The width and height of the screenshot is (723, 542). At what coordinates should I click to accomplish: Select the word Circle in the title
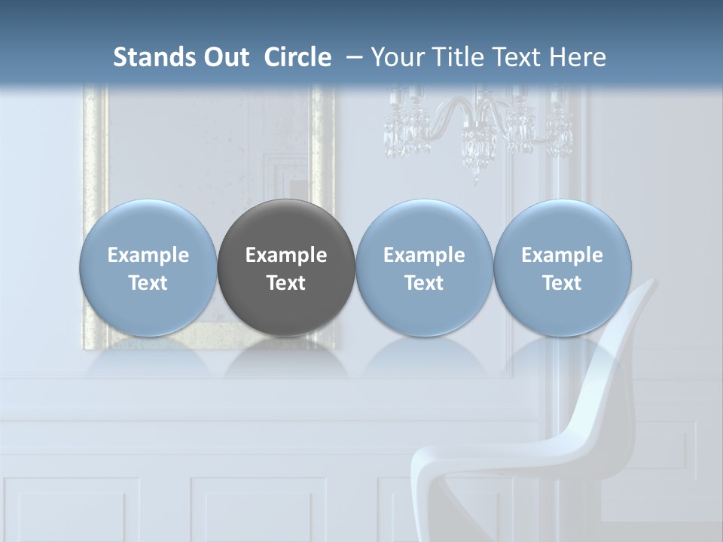click(x=297, y=57)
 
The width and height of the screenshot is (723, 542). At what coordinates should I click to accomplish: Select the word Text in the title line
click(x=518, y=57)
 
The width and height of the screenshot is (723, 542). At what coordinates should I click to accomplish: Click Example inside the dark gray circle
click(x=286, y=255)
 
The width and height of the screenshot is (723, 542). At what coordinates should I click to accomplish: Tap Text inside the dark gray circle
click(x=286, y=283)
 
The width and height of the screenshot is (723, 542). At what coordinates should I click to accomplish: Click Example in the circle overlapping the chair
click(x=563, y=255)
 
